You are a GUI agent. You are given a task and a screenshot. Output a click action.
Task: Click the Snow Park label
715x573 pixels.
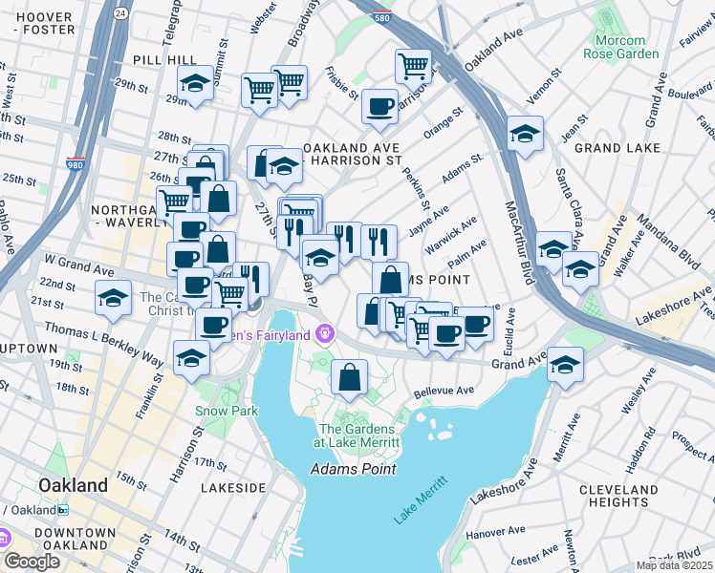tap(220, 411)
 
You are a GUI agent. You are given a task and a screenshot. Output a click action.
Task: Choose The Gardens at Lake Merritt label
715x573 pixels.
tap(357, 435)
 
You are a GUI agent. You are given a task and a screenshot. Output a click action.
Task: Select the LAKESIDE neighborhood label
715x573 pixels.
tap(233, 488)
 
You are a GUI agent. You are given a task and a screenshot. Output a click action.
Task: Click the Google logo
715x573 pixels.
tap(32, 561)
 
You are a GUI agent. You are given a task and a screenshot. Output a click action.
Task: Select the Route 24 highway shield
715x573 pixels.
tap(119, 13)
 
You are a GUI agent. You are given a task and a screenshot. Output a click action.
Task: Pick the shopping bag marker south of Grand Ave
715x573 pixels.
tap(350, 376)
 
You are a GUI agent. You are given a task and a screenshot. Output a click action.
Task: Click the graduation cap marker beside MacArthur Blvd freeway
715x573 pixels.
tap(525, 135)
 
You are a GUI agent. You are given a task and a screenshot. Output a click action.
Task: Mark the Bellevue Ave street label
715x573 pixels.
tap(444, 392)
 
